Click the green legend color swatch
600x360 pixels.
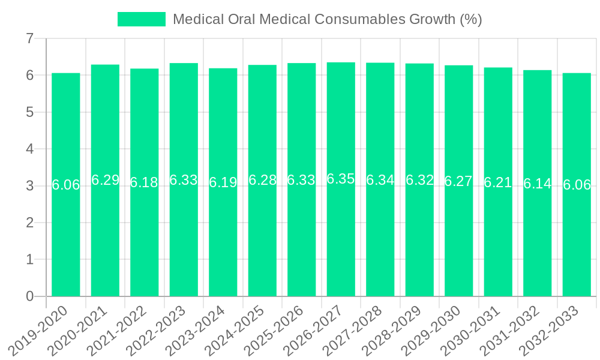point(142,19)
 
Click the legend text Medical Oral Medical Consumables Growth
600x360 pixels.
point(327,19)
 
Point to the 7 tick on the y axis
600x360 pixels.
point(29,39)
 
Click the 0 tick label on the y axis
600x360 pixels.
point(29,296)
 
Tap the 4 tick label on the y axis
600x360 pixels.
point(29,149)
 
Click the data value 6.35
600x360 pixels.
point(341,179)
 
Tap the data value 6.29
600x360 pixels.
point(105,180)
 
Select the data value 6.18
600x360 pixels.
point(144,183)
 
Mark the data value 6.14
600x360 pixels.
point(537,184)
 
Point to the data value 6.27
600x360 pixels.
point(458,181)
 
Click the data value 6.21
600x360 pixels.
point(498,182)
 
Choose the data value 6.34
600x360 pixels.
point(380,180)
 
